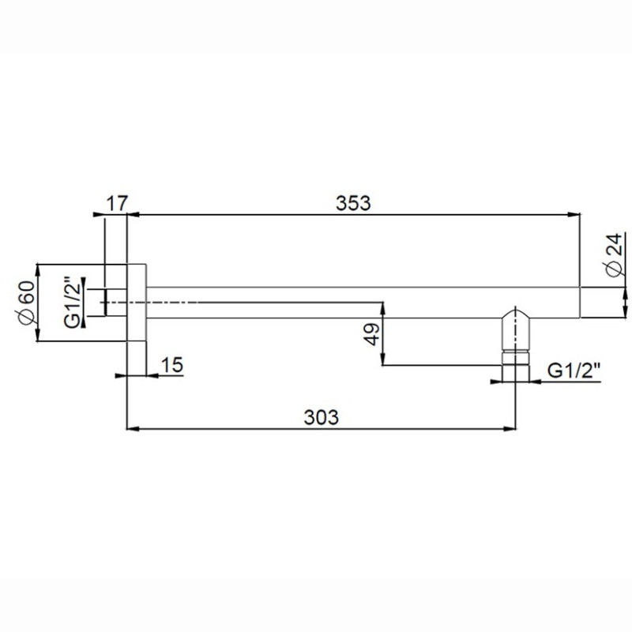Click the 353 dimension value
(353, 203)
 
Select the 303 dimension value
(322, 417)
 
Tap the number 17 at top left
(117, 203)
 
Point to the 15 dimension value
(172, 365)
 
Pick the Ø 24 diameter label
(616, 254)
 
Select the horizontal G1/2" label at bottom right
(574, 371)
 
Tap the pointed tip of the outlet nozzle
(515, 308)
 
